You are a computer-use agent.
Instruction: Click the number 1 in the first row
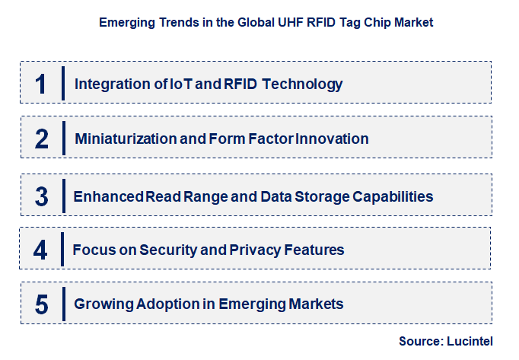coord(41,84)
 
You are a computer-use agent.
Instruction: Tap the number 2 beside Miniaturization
coord(41,139)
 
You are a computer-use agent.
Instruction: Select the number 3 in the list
coord(41,196)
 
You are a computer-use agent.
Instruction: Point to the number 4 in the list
coord(41,250)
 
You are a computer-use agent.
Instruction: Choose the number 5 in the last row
coord(41,304)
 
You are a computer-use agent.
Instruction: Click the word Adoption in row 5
coord(170,304)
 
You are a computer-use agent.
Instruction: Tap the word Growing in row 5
coord(103,304)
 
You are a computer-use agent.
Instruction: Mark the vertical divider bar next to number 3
coord(64,196)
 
